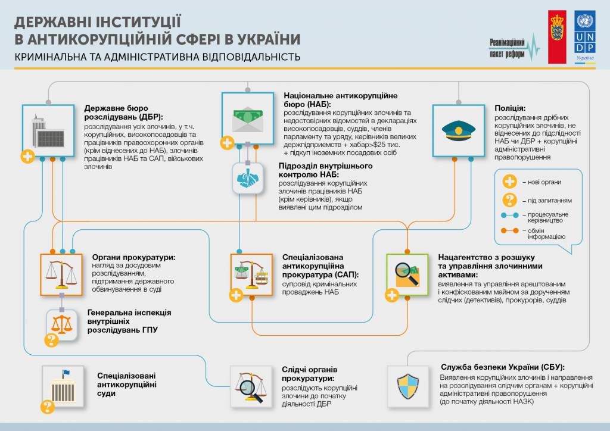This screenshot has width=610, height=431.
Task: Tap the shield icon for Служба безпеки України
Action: [407, 385]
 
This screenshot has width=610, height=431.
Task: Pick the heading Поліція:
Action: [510, 108]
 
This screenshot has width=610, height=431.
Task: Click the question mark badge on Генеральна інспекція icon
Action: [51, 340]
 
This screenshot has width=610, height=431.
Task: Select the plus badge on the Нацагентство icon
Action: [391, 295]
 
